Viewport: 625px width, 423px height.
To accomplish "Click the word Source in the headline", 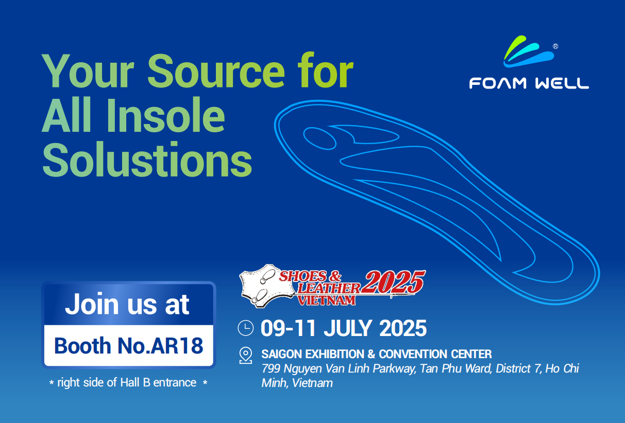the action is pyautogui.click(x=216, y=71).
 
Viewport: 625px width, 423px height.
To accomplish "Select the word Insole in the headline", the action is pyautogui.click(x=166, y=115).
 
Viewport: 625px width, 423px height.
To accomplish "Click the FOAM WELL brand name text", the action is pyautogui.click(x=529, y=83).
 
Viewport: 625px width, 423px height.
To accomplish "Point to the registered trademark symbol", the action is pyautogui.click(x=555, y=46).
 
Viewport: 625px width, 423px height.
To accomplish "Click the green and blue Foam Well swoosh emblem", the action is pyautogui.click(x=529, y=51).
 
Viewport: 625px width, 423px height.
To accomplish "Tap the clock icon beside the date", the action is pyautogui.click(x=246, y=328).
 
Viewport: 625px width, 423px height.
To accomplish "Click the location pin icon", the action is pyautogui.click(x=246, y=355).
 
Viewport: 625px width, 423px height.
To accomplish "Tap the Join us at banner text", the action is pyautogui.click(x=127, y=304).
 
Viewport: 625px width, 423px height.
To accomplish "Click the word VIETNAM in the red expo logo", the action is pyautogui.click(x=327, y=301).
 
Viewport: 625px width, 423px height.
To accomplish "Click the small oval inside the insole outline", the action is pyautogui.click(x=320, y=138).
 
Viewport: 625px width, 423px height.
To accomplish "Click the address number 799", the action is pyautogui.click(x=271, y=368).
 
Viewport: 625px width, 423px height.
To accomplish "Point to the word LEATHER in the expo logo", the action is pyautogui.click(x=329, y=288).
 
